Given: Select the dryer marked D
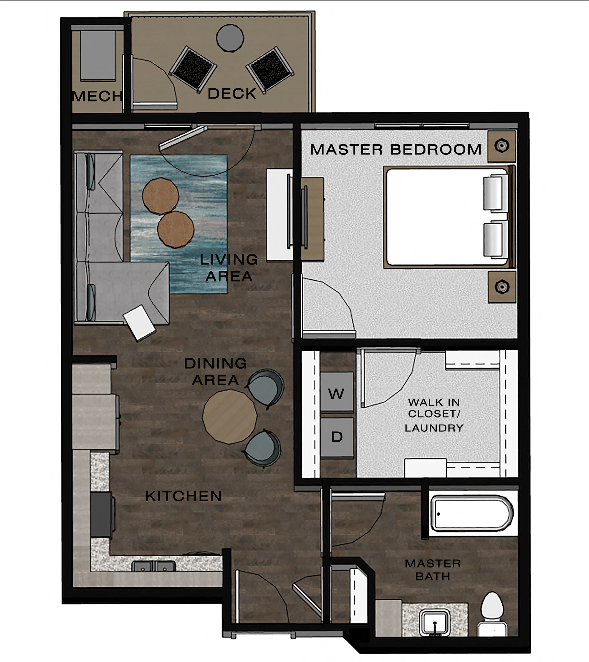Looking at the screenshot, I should click(337, 437).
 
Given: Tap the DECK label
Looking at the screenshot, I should click(232, 94).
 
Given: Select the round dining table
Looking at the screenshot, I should click(229, 417).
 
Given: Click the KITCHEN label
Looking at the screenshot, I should click(184, 496).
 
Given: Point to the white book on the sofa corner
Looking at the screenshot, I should click(140, 322).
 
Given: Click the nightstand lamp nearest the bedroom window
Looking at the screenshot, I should click(502, 145).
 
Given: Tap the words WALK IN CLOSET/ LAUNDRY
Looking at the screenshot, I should click(434, 415).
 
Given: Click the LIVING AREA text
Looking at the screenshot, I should click(229, 268).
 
